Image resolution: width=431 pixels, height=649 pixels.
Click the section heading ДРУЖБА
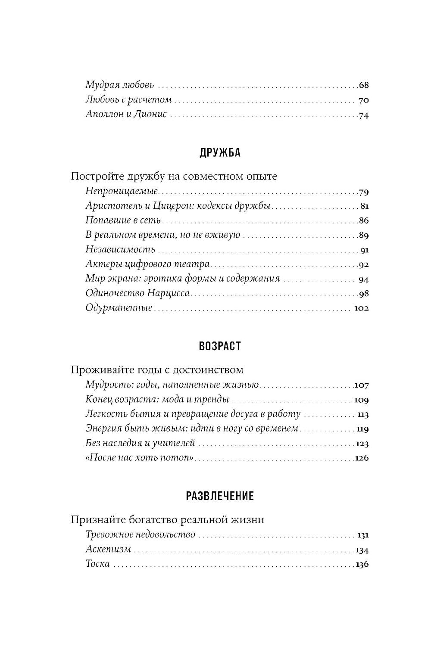[220, 153]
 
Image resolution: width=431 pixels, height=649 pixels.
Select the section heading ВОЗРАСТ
[220, 346]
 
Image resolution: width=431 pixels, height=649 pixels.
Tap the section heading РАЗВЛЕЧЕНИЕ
[220, 496]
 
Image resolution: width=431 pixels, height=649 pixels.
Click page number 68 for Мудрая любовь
[364, 85]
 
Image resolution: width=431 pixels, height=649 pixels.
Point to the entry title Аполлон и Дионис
[126, 115]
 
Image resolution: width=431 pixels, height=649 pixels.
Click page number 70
[364, 100]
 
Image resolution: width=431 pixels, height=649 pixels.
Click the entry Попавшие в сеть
[123, 220]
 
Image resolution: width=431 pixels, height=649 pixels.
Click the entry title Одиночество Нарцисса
[138, 294]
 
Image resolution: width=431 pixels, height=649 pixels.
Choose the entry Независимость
[120, 250]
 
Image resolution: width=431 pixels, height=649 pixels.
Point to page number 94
[364, 279]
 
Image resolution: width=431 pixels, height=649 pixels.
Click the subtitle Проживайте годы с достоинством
[157, 370]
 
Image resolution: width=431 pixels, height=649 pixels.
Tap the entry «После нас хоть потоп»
[141, 458]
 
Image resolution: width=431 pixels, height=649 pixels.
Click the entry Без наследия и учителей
[141, 443]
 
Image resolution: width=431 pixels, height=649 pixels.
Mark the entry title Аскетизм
[108, 550]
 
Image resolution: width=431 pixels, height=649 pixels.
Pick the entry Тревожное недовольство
[141, 535]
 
